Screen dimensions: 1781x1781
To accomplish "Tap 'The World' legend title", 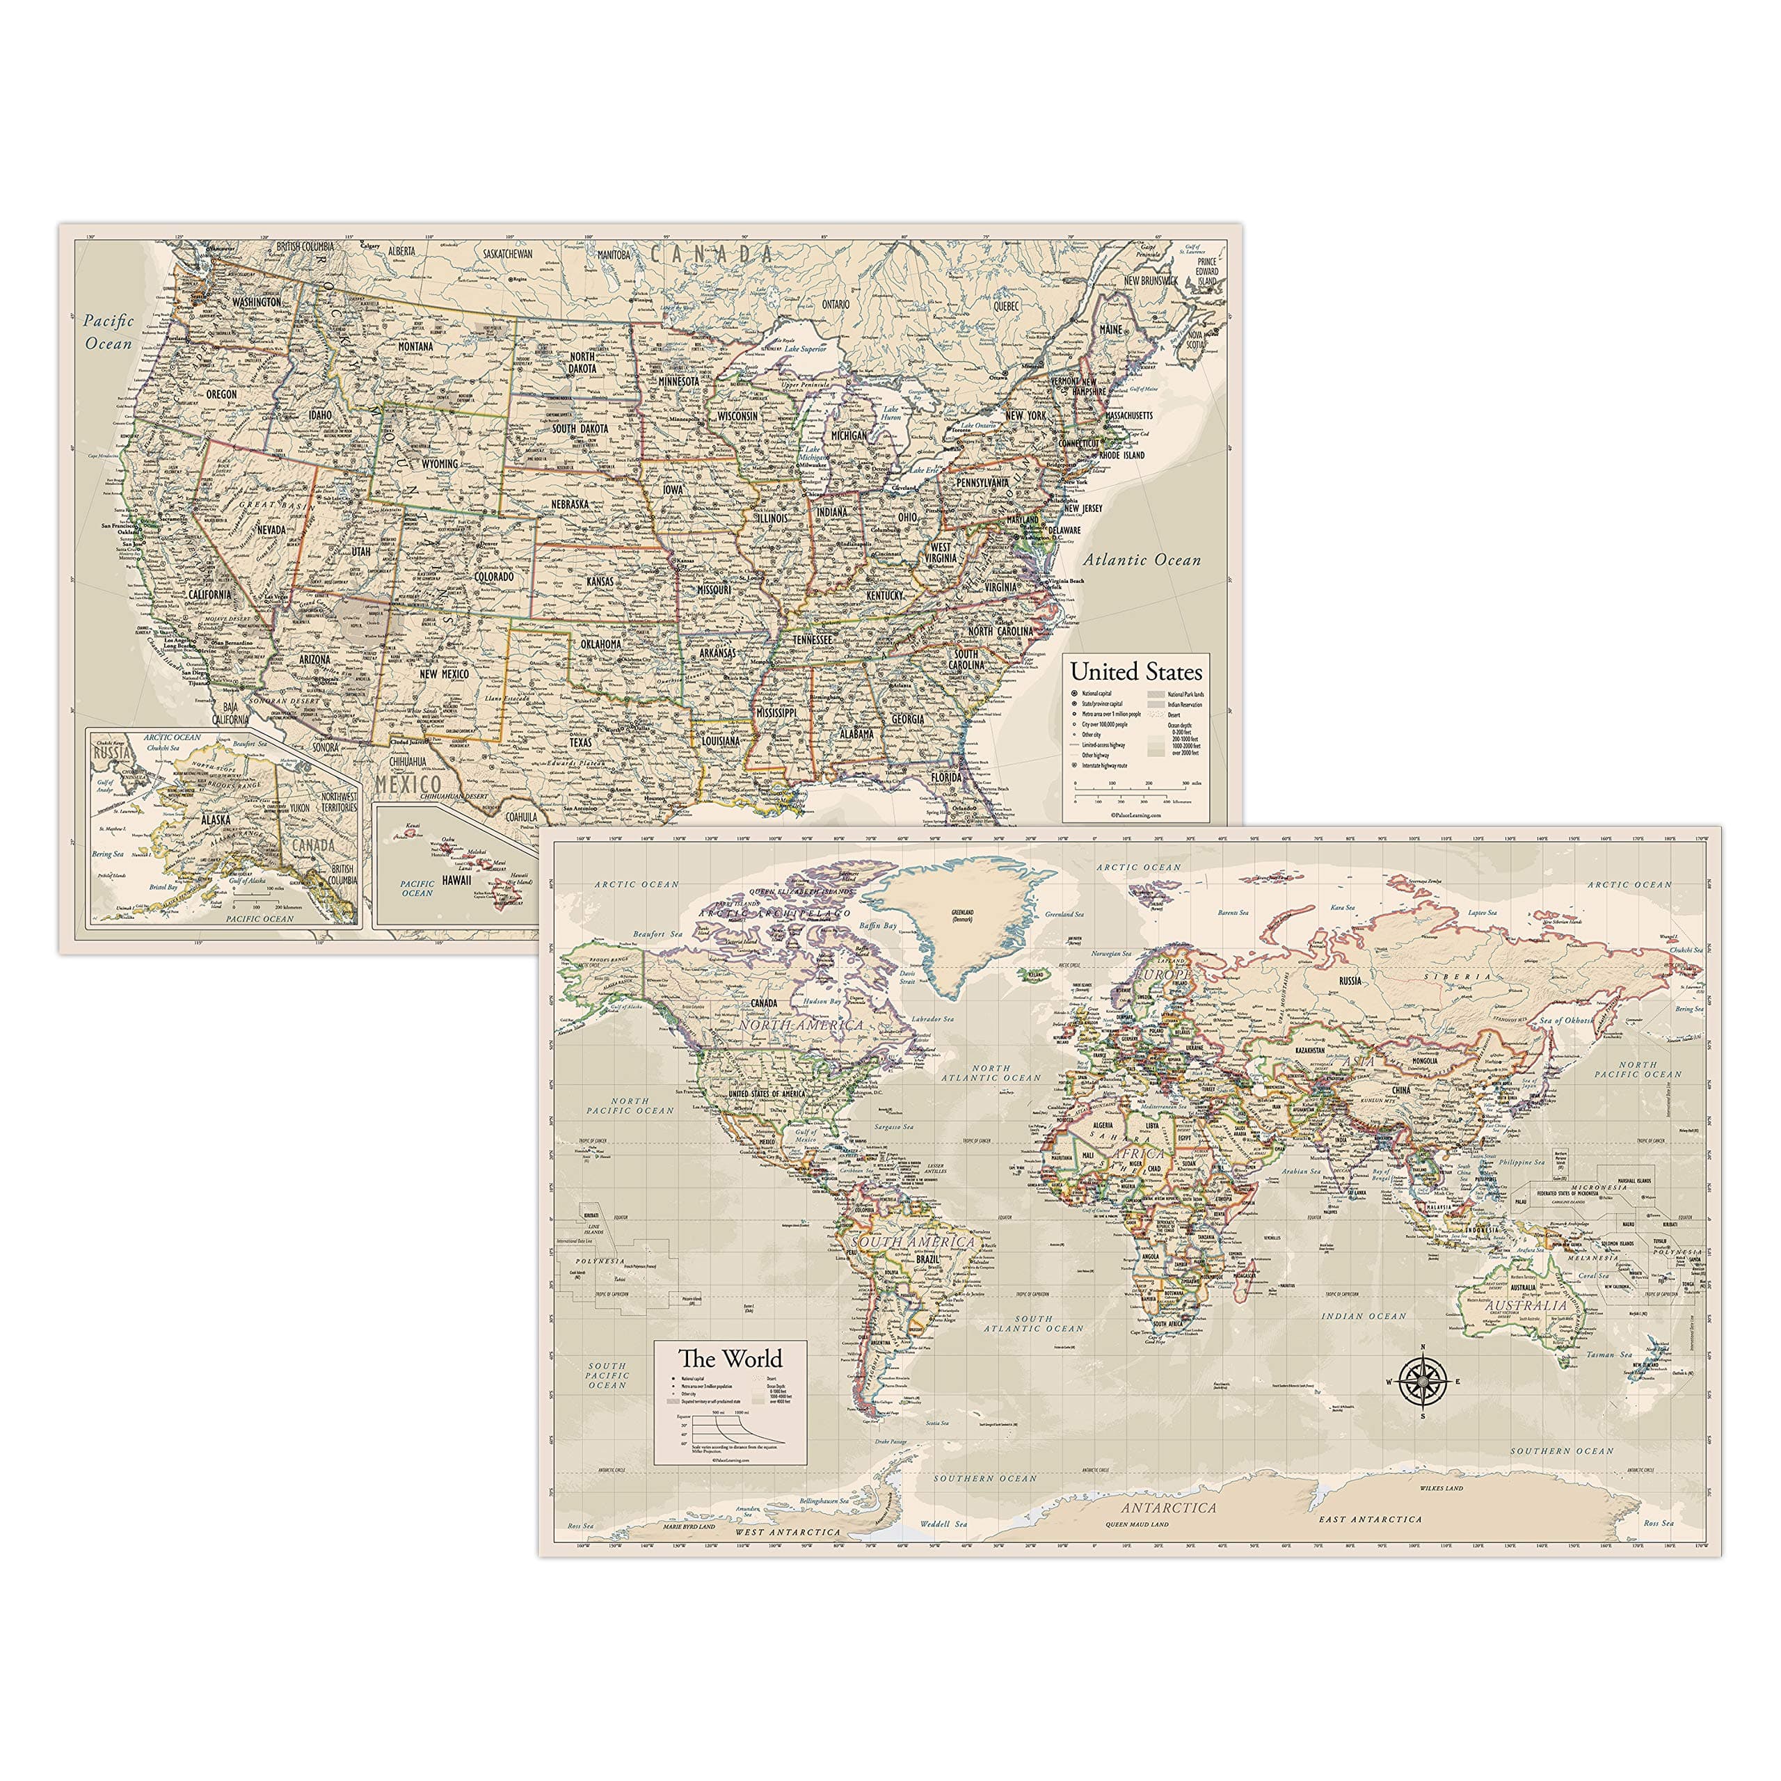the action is (730, 1358).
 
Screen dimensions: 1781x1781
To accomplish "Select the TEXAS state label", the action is (581, 742).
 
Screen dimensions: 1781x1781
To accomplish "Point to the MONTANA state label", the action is (416, 346).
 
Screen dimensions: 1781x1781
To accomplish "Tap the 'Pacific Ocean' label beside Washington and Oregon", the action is (109, 332).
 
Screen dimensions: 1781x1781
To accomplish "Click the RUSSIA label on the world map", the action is (1350, 981).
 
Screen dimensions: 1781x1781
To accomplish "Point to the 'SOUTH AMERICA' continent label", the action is (913, 1242).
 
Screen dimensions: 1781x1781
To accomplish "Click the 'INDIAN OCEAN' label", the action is (1364, 1316).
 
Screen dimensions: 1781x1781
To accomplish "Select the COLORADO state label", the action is (494, 576).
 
